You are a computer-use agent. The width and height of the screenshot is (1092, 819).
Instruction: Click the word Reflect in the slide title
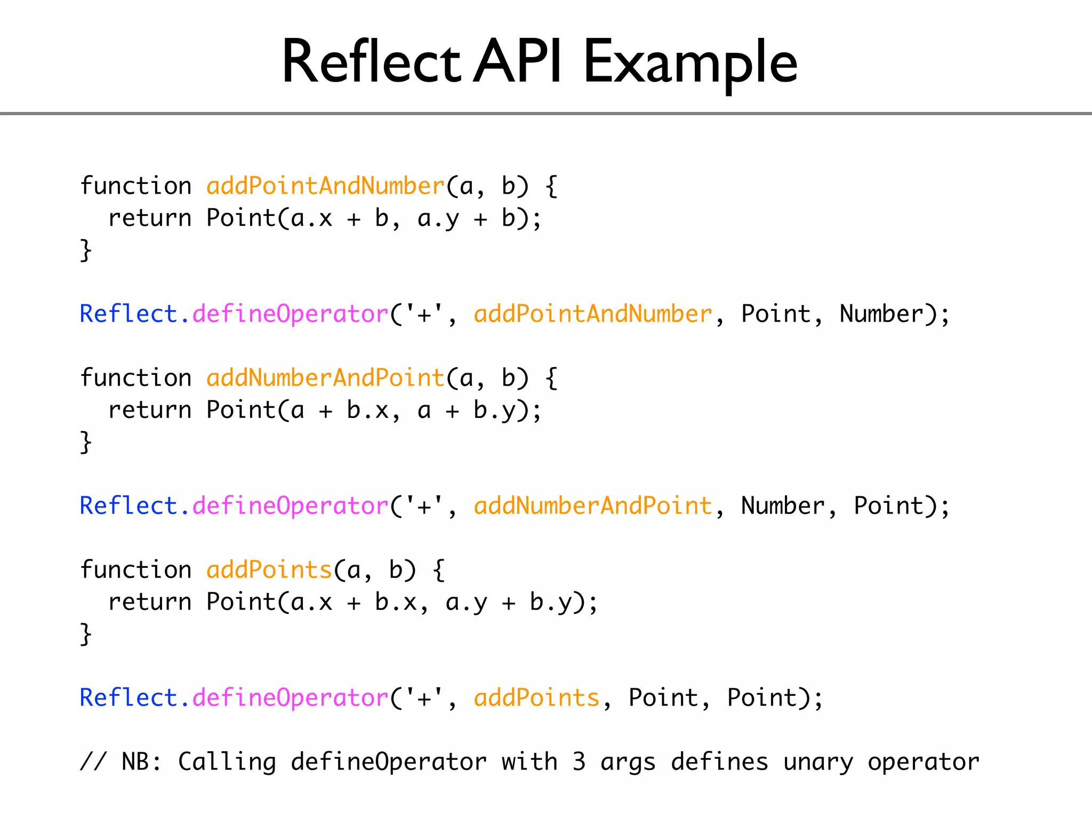[x=370, y=63]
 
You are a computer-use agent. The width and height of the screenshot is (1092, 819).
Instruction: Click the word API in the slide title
[x=517, y=63]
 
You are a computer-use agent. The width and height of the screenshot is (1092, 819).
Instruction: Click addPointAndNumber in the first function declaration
[x=325, y=186]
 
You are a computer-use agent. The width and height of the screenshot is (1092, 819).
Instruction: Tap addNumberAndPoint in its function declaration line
[x=325, y=378]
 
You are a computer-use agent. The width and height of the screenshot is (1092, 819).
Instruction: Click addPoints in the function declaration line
[x=269, y=570]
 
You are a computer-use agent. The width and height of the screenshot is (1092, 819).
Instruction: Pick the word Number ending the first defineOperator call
[x=881, y=314]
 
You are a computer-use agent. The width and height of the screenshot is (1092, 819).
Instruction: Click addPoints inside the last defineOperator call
[x=536, y=698]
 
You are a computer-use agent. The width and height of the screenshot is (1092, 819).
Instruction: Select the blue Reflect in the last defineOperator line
[x=128, y=698]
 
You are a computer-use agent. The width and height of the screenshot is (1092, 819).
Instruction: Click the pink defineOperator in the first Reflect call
[x=290, y=314]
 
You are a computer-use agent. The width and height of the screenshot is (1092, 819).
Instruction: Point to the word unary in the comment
[x=818, y=762]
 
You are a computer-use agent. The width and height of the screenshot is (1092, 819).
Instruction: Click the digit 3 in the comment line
[x=579, y=762]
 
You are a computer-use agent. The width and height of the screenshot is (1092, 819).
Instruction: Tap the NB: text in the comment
[x=141, y=762]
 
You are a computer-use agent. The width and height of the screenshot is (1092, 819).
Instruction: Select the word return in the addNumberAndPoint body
[x=149, y=410]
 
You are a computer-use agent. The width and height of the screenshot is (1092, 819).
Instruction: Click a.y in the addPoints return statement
[x=466, y=603]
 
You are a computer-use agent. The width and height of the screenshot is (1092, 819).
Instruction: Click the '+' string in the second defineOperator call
[x=424, y=506]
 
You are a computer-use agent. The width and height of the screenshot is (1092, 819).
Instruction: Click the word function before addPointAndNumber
[x=135, y=186]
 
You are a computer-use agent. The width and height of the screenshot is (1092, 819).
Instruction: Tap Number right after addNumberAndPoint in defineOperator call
[x=783, y=506]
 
